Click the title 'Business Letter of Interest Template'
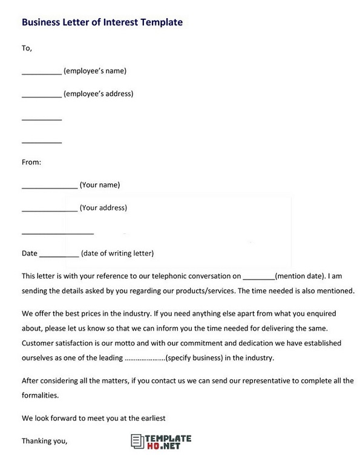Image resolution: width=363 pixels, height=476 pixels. [102, 22]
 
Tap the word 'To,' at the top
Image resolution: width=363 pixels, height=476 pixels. [27, 48]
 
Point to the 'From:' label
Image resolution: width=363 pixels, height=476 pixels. [31, 162]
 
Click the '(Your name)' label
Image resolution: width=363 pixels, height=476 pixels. [100, 185]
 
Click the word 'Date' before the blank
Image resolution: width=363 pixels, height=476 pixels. [29, 253]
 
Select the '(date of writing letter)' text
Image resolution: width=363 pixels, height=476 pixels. [117, 253]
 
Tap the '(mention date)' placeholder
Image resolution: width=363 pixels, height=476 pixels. [300, 276]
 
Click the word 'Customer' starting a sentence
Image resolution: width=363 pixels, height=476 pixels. [38, 343]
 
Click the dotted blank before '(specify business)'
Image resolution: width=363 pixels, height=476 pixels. [145, 358]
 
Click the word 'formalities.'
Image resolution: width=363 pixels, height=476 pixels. [40, 395]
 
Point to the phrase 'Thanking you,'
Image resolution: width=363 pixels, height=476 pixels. [44, 441]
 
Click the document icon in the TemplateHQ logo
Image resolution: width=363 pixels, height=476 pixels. [136, 442]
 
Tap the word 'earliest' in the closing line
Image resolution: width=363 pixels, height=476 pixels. [151, 418]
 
